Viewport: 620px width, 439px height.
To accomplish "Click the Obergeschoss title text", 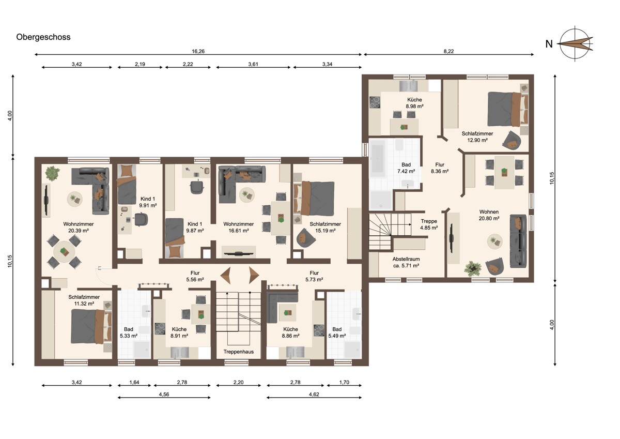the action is click(43, 37).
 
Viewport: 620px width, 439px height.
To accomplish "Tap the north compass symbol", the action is click(575, 44).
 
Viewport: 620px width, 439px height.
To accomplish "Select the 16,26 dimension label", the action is click(198, 51).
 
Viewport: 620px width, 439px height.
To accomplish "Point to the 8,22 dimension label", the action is click(448, 51).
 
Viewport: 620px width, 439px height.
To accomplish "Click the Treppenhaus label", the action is click(239, 352).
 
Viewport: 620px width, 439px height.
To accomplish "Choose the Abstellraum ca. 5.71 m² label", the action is click(406, 262).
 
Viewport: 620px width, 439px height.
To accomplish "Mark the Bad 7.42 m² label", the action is click(406, 168).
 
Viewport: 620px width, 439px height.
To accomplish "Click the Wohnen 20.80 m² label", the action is click(489, 215).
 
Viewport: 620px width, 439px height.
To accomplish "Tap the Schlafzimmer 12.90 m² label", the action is click(477, 137).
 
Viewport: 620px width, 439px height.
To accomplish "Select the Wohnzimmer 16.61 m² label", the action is click(239, 227).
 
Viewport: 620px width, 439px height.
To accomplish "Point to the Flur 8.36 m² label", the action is click(440, 168).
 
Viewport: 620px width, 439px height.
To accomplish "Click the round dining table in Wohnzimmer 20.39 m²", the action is click(64, 252).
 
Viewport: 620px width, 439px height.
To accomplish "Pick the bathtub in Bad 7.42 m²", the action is click(378, 158).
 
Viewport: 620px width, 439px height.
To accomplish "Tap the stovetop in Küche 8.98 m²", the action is click(375, 102).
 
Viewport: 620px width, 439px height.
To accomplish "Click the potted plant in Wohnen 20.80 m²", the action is click(473, 268).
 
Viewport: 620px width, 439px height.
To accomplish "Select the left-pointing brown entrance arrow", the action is click(226, 276).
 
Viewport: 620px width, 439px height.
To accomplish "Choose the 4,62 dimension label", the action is click(314, 395).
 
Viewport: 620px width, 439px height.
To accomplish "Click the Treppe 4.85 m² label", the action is click(429, 224).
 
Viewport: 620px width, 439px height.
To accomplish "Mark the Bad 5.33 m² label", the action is click(129, 332).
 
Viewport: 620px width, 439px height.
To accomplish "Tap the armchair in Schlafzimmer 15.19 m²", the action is click(305, 238).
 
